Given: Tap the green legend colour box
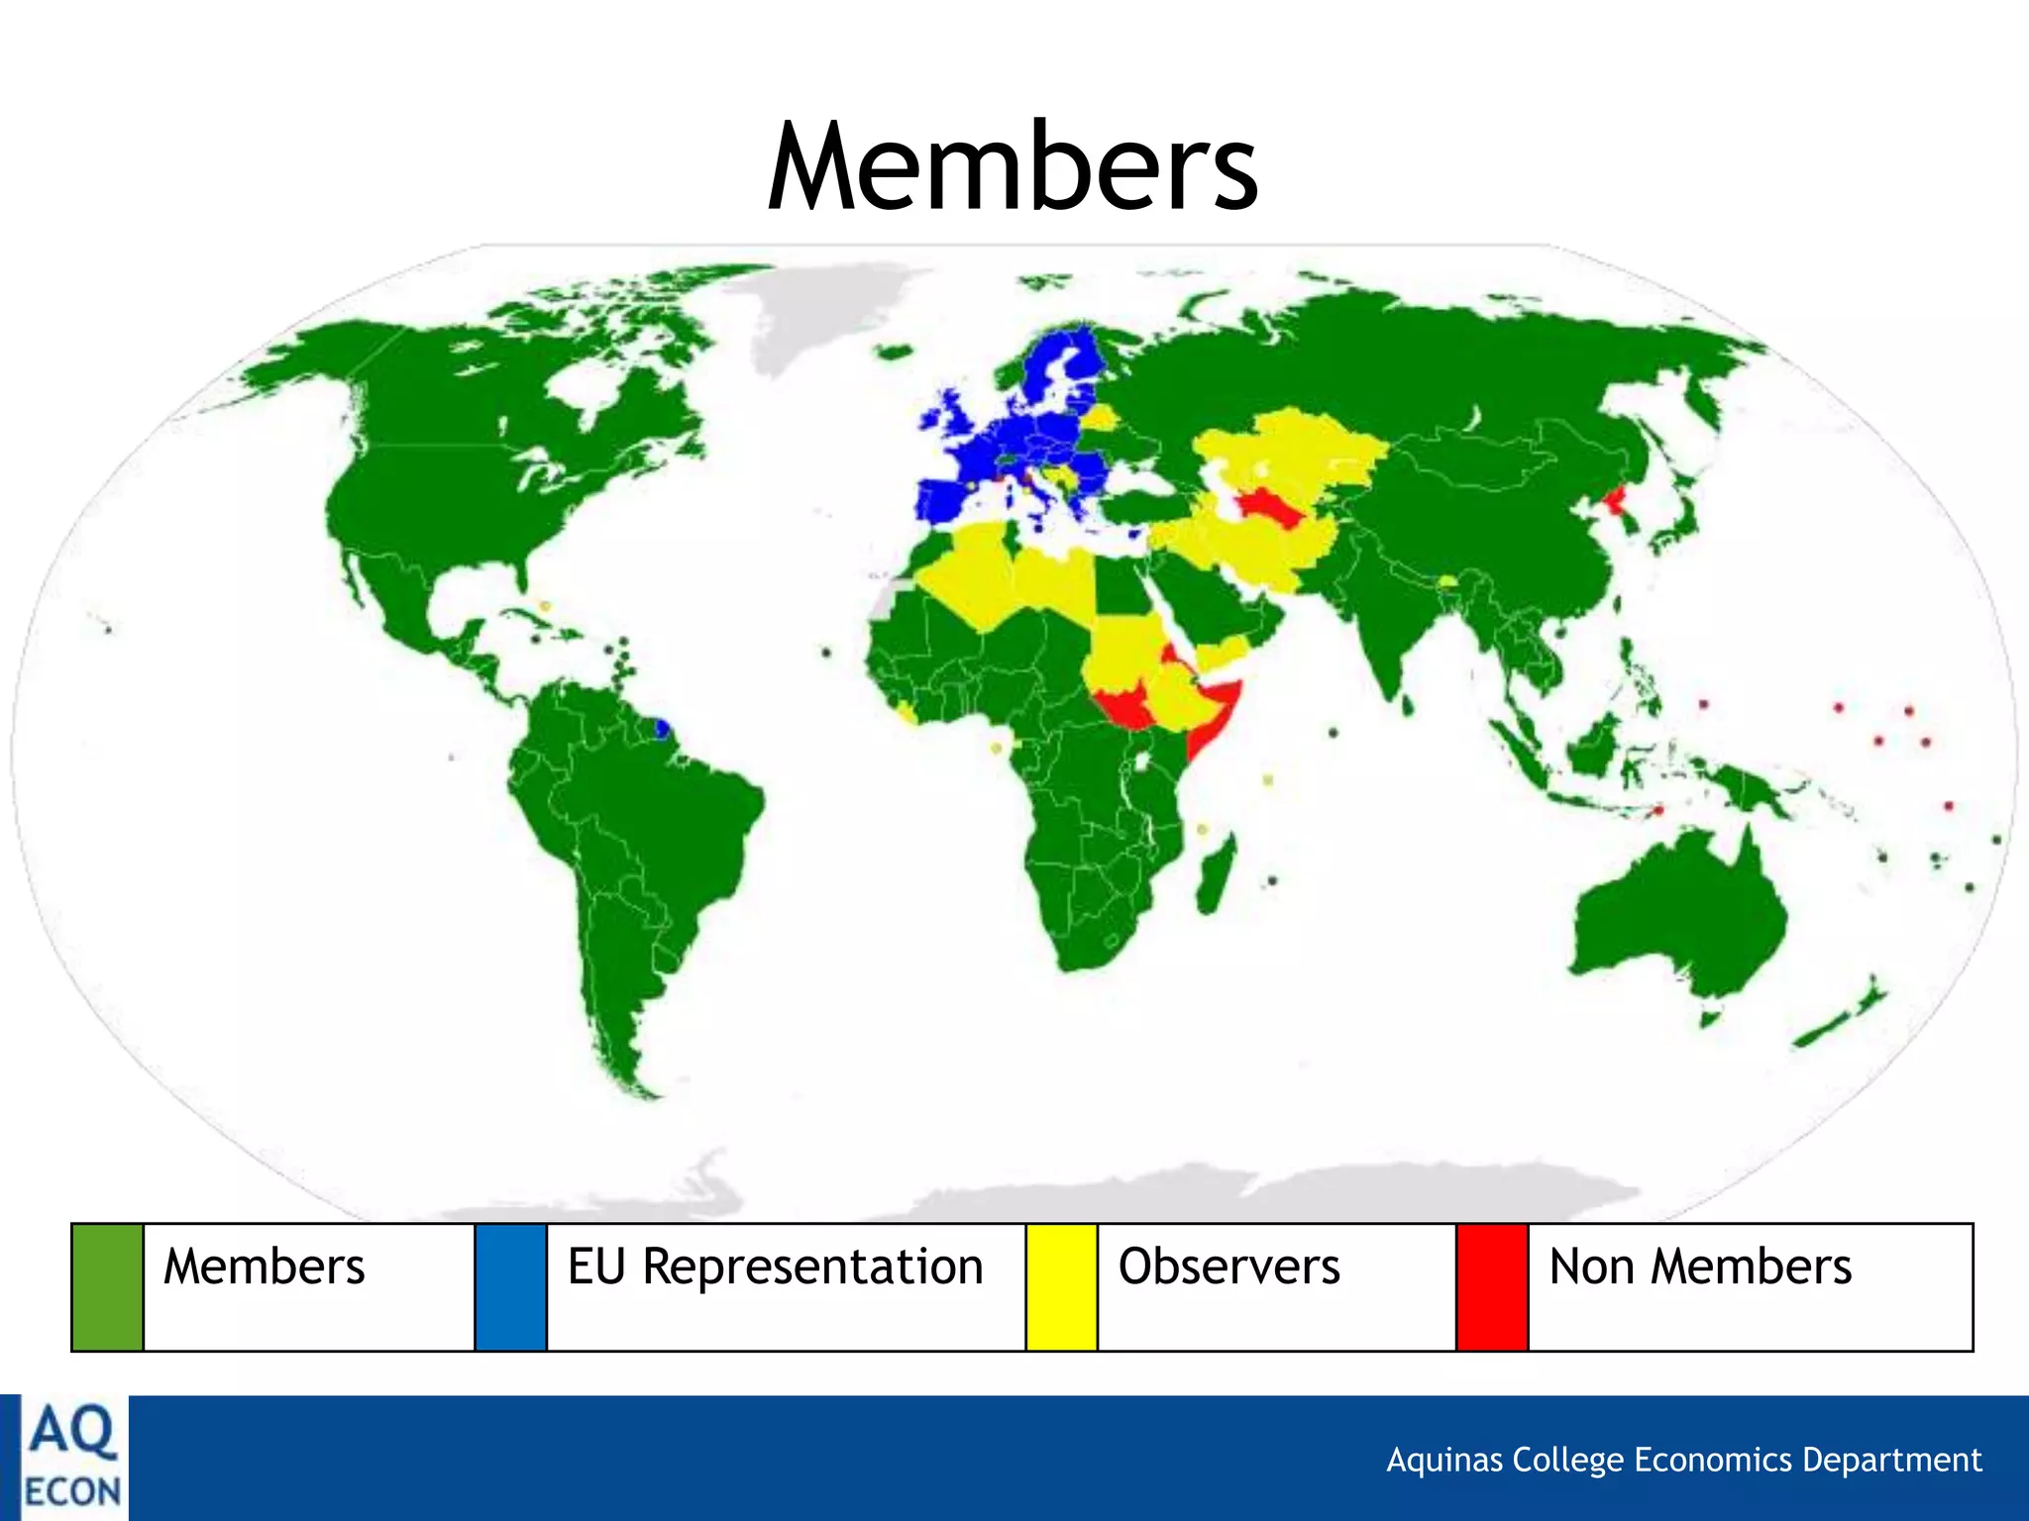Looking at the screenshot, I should tap(107, 1286).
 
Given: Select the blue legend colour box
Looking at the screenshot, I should tap(510, 1286).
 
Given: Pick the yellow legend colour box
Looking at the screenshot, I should tap(1061, 1286).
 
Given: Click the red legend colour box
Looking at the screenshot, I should tap(1492, 1286).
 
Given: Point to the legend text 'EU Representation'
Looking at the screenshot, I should tap(775, 1267).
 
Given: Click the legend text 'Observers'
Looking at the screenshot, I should tap(1228, 1267).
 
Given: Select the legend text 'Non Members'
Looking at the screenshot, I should tap(1700, 1267).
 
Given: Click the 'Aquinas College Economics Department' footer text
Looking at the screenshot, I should tap(1683, 1460).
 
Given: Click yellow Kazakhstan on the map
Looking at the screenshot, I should tap(1288, 446).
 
